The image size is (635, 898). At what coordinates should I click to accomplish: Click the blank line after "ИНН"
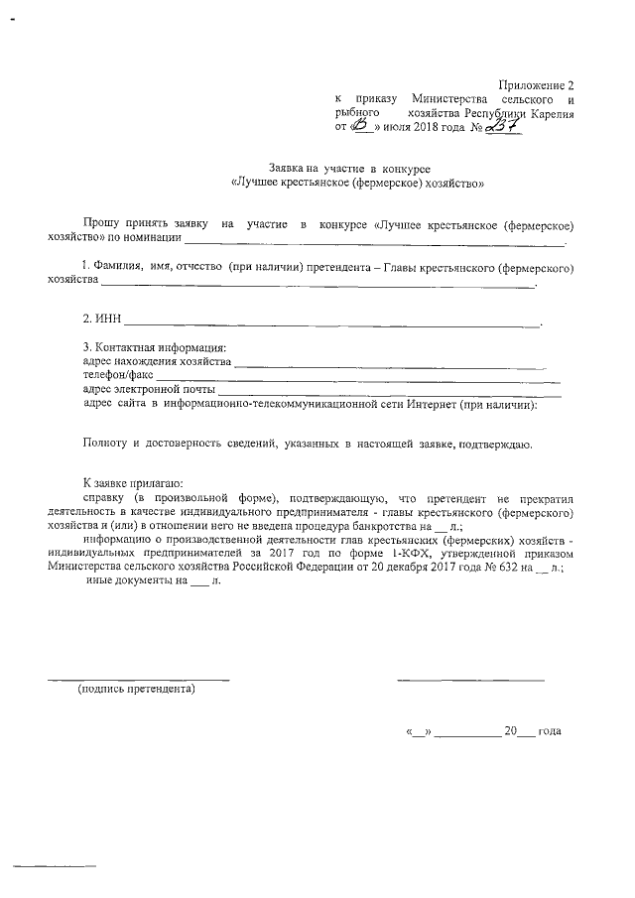pyautogui.click(x=331, y=323)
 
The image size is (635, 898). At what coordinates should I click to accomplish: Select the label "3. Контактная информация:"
pyautogui.click(x=155, y=347)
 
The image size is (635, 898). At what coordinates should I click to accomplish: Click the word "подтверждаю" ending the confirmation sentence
pyautogui.click(x=496, y=444)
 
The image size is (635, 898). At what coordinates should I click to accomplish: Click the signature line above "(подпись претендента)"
pyautogui.click(x=139, y=679)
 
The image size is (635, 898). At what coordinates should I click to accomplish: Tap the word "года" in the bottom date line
pyautogui.click(x=549, y=731)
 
